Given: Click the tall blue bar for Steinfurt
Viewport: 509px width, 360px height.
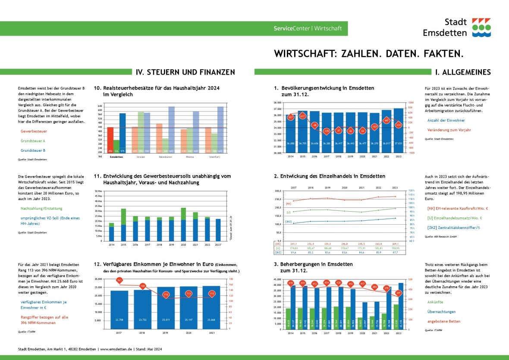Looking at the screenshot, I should pos(220,129).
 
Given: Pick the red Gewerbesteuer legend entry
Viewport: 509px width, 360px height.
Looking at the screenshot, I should pos(33,131).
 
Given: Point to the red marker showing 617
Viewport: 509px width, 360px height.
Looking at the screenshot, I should pos(302,116).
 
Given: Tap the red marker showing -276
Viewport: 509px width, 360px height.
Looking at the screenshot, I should pos(327,131).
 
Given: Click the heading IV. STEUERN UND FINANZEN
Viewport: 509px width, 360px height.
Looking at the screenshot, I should pos(185,72).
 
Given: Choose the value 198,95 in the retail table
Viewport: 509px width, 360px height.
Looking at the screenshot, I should pos(395,248).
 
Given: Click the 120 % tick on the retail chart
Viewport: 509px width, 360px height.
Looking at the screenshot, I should pos(412,191).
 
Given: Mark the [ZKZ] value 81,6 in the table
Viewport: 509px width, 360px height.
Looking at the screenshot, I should pos(294,253).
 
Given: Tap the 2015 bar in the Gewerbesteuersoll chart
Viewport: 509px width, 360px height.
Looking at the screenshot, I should pos(123,225).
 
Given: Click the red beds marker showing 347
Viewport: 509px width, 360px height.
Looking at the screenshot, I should pos(398,293).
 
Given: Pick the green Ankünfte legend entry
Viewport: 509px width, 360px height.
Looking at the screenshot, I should pos(435,302).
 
